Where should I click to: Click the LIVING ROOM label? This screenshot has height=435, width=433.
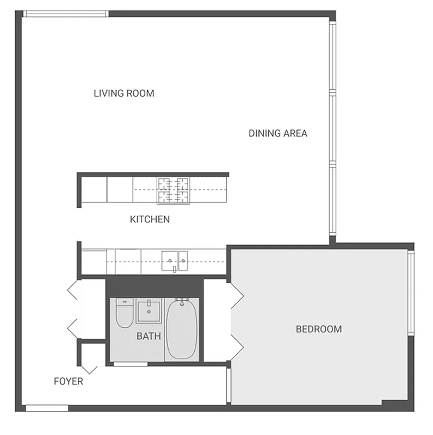point(124,93)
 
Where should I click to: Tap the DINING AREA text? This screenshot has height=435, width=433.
point(278,133)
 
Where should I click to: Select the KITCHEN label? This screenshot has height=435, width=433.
point(150,220)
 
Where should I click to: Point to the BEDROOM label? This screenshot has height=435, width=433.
point(319,329)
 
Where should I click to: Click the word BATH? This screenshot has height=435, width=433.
point(149,336)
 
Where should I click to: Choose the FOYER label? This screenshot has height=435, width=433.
point(69,381)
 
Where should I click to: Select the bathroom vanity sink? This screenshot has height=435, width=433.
point(147,311)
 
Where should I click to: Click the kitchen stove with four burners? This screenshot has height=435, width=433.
point(174,190)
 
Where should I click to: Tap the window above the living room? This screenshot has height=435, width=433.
point(66,14)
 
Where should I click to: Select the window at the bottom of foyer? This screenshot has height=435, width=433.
point(47,408)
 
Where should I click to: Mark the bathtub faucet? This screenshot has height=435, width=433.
point(182,300)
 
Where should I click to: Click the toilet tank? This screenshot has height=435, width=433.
point(125,302)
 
